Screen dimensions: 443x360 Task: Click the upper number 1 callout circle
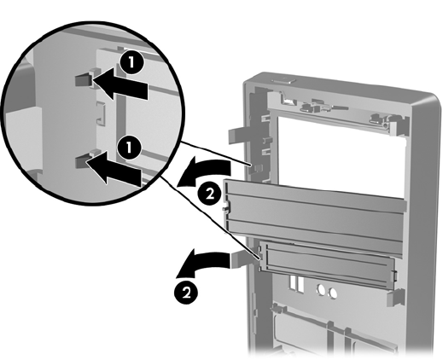tap(131, 62)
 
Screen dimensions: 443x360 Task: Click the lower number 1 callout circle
tap(130, 148)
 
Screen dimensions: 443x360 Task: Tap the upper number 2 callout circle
tap(210, 195)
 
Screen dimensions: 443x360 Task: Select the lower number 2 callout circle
tap(186, 292)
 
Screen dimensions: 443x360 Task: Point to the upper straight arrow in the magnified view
tap(119, 84)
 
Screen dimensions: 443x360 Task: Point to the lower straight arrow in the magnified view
tap(114, 168)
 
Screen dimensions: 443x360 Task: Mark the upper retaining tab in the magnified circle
tap(85, 80)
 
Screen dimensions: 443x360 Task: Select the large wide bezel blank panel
tap(314, 214)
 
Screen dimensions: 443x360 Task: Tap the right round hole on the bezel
tap(333, 293)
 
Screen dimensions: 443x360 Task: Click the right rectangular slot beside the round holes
tap(300, 284)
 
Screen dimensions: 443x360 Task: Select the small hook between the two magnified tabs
tap(102, 113)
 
